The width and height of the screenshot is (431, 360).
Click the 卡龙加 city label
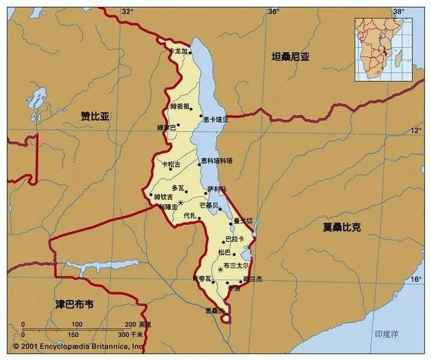click(176, 50)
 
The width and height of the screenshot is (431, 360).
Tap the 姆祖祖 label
click(180, 106)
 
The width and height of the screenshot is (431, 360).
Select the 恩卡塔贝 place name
click(215, 119)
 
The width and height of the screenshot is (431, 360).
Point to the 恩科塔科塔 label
click(217, 161)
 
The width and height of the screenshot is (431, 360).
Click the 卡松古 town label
click(171, 164)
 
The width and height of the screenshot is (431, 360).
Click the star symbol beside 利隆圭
click(181, 203)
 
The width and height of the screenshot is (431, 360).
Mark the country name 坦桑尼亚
click(290, 57)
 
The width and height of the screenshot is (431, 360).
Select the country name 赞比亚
click(95, 116)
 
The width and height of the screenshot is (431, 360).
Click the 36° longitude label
click(274, 11)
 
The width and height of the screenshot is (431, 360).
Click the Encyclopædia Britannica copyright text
click(79, 346)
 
